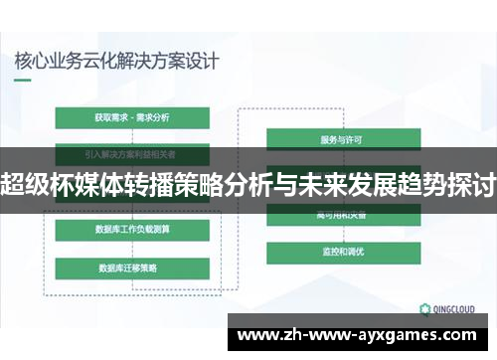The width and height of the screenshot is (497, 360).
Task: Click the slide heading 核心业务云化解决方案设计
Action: (x=116, y=59)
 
